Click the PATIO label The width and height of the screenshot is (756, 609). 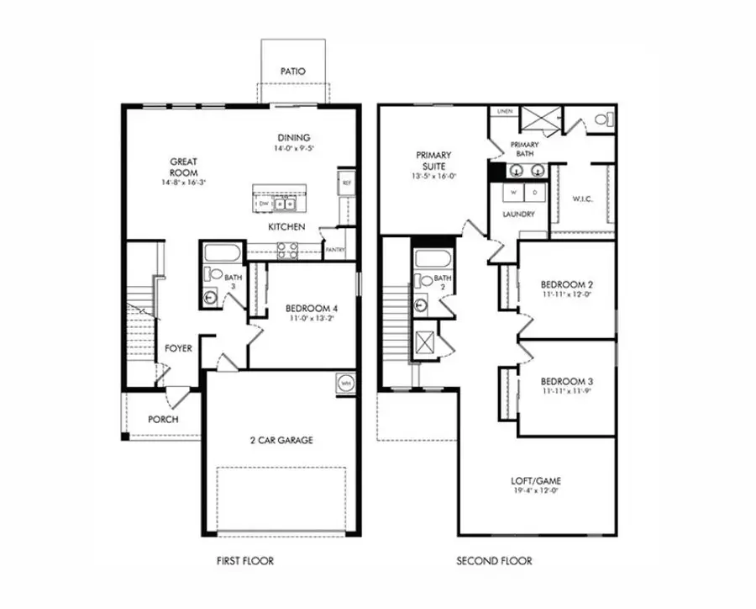coord(291,71)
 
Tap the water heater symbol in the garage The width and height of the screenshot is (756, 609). coord(344,383)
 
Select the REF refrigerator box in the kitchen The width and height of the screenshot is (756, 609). coord(345,182)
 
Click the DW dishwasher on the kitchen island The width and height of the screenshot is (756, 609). coord(264,203)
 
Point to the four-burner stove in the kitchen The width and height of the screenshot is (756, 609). coord(287,247)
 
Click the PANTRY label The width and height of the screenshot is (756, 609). coord(334,250)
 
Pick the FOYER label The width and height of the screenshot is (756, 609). coord(178,347)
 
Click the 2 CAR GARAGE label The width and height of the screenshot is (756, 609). coord(281,440)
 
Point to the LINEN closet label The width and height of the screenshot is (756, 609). coord(505,111)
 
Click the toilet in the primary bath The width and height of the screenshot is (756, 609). coord(601,120)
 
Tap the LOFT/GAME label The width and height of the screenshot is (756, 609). coord(536,482)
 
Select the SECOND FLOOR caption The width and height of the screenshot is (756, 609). coord(494,561)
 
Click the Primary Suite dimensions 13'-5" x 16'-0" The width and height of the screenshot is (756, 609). coord(433,177)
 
